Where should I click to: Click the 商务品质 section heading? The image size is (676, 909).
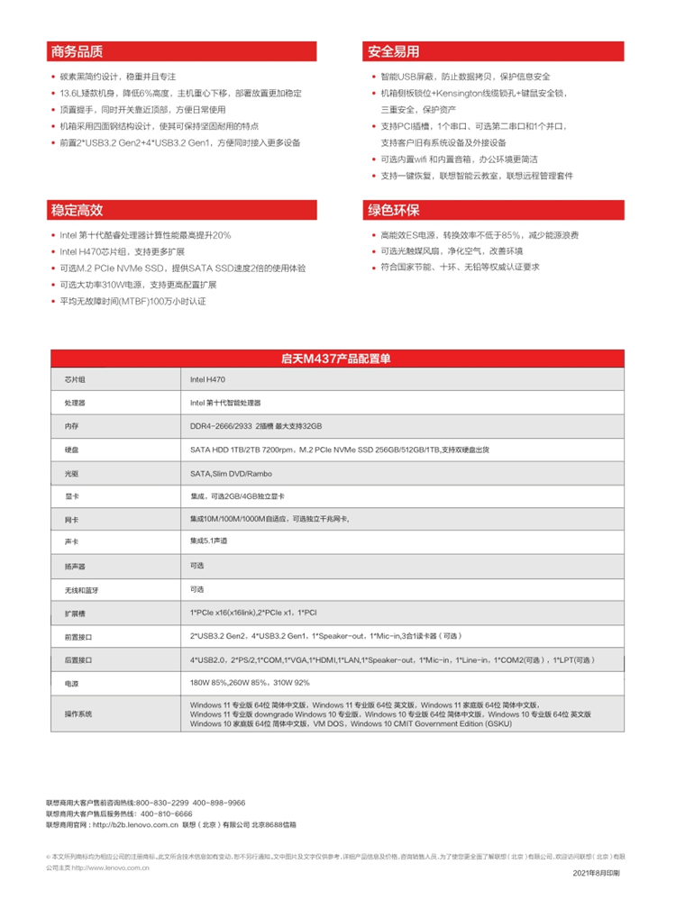tap(78, 51)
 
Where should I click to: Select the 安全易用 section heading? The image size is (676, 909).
tap(393, 51)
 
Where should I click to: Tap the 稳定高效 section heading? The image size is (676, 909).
tap(78, 211)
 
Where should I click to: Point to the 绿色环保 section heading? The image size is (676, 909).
tap(393, 211)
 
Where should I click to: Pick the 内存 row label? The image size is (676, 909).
tap(72, 425)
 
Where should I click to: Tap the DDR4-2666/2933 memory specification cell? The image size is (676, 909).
tap(256, 425)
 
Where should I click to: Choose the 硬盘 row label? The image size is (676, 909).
tap(72, 449)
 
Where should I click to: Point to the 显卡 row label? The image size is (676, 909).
tap(72, 495)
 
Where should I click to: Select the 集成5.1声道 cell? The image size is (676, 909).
tap(208, 541)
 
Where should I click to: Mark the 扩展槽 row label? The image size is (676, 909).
tap(73, 613)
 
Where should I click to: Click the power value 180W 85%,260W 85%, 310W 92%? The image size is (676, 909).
tap(250, 684)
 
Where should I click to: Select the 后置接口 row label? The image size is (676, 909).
tap(76, 660)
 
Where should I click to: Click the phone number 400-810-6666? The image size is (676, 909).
tap(161, 813)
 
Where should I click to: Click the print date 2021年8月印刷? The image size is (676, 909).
tap(596, 874)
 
